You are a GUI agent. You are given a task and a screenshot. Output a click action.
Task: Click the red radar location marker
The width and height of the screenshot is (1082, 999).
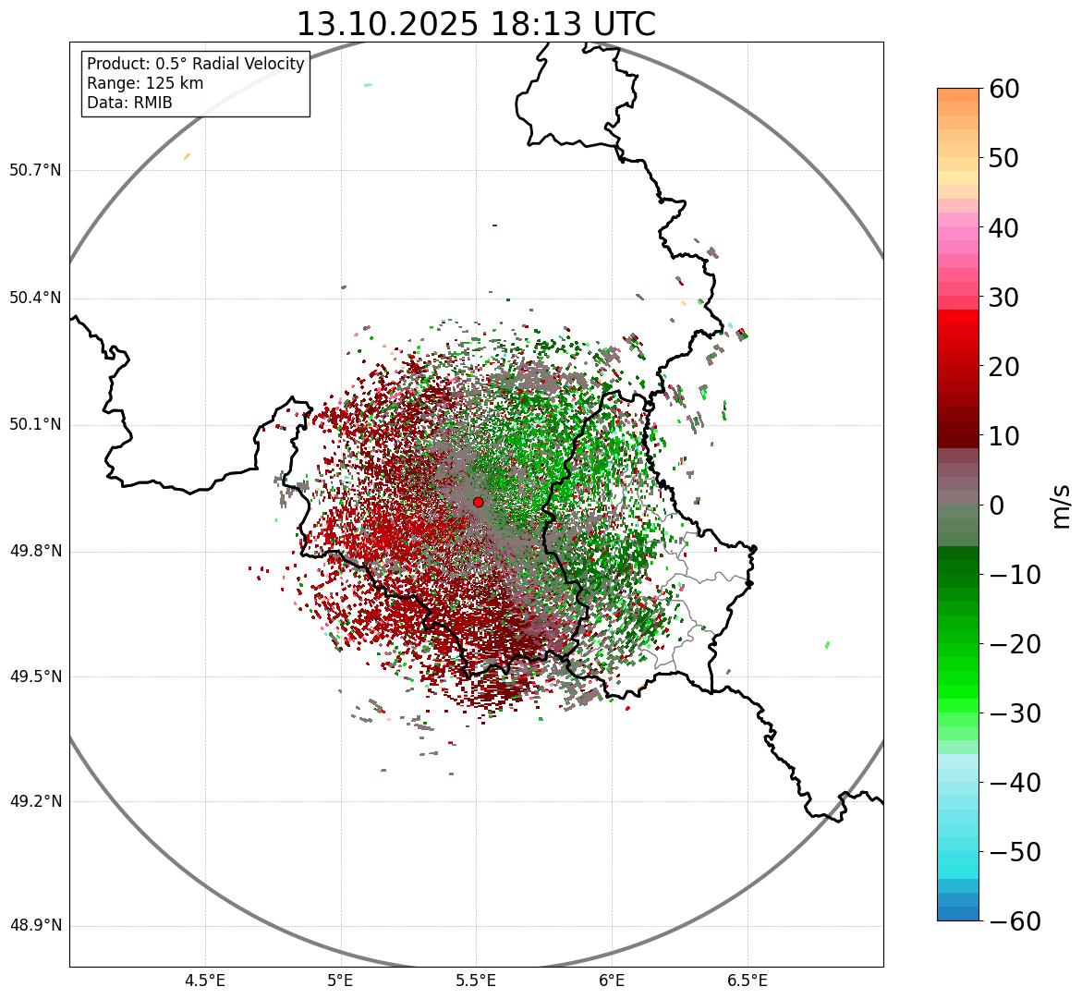tap(478, 502)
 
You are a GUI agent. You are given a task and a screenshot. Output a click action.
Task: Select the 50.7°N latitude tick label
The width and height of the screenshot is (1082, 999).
tap(35, 171)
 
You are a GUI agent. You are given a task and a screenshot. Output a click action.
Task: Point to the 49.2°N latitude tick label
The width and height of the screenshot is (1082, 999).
tap(35, 801)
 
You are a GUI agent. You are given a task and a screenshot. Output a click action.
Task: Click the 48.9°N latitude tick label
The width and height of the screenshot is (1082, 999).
tap(35, 926)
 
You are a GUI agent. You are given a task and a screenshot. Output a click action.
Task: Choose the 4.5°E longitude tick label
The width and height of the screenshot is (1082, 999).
tap(205, 981)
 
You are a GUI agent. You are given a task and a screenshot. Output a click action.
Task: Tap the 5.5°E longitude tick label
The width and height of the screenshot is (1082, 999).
tap(477, 981)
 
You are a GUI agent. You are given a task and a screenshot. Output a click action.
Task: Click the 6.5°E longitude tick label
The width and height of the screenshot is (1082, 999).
tap(748, 981)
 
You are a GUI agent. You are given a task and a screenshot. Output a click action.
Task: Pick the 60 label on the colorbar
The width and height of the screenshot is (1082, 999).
tap(1004, 89)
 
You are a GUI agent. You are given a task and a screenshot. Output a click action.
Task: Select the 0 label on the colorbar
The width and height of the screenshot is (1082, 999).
tap(997, 506)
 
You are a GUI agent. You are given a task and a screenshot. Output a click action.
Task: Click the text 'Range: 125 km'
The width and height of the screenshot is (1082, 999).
tap(145, 83)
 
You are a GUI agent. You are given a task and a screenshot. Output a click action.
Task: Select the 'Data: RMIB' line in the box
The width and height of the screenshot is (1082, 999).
tap(129, 103)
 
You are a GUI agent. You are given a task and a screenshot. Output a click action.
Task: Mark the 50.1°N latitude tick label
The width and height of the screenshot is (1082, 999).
tap(35, 425)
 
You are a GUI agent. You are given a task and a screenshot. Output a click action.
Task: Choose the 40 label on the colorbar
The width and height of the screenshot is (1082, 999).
tap(1004, 227)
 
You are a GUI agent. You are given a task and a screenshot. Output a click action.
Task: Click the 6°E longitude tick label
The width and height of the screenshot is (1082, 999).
tap(612, 981)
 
